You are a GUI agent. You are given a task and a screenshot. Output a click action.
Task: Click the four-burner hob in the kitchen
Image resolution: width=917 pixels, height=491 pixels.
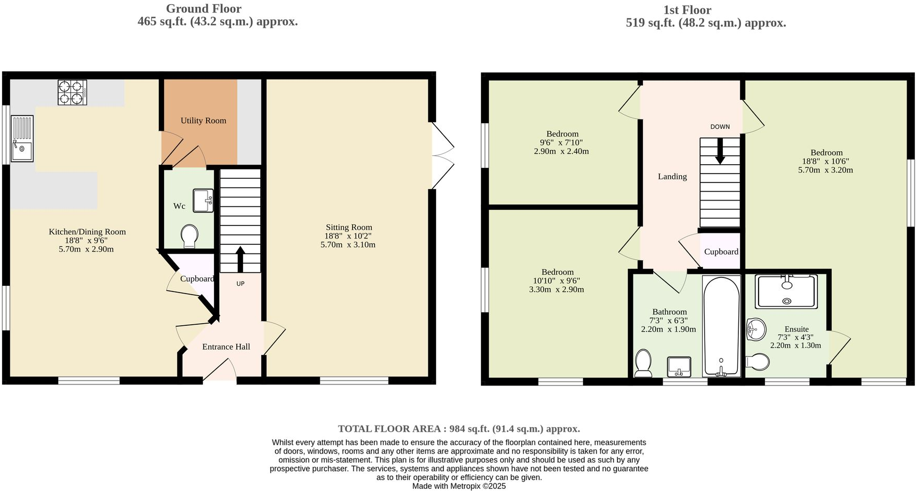72,92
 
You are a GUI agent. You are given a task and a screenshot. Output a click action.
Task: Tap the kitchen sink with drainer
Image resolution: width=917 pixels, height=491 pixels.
22,139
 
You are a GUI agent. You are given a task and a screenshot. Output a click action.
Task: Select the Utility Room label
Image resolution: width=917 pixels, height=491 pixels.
203,121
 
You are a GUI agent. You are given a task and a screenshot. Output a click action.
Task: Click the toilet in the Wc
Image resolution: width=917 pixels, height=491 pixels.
190,236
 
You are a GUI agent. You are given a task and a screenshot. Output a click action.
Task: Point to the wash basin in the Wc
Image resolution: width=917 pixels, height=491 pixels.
203,201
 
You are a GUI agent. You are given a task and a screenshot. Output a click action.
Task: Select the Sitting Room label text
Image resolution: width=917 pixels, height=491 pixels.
348,227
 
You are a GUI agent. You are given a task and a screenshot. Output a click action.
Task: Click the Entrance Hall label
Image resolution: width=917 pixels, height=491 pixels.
226,347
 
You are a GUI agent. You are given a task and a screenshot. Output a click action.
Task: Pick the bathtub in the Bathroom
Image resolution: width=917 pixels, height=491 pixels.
721,326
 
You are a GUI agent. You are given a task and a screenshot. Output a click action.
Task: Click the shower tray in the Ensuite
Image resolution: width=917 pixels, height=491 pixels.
787,291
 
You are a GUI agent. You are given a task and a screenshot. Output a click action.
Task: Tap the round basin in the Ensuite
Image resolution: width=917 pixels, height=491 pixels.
756,329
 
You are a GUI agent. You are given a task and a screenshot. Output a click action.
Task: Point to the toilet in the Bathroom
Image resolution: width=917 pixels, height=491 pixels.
643,363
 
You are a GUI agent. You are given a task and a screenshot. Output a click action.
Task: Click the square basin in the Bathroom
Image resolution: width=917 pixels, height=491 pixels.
679,367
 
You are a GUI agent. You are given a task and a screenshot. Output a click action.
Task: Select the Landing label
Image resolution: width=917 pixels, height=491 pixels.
672,177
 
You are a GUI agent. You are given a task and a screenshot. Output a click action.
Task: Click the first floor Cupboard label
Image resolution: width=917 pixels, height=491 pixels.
721,251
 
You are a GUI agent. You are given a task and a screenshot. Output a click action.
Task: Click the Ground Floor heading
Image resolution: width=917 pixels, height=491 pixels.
204,9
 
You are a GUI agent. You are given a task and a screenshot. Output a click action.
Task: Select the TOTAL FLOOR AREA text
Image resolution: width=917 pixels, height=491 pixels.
458,429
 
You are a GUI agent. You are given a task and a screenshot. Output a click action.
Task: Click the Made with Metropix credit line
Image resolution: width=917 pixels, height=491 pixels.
458,486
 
